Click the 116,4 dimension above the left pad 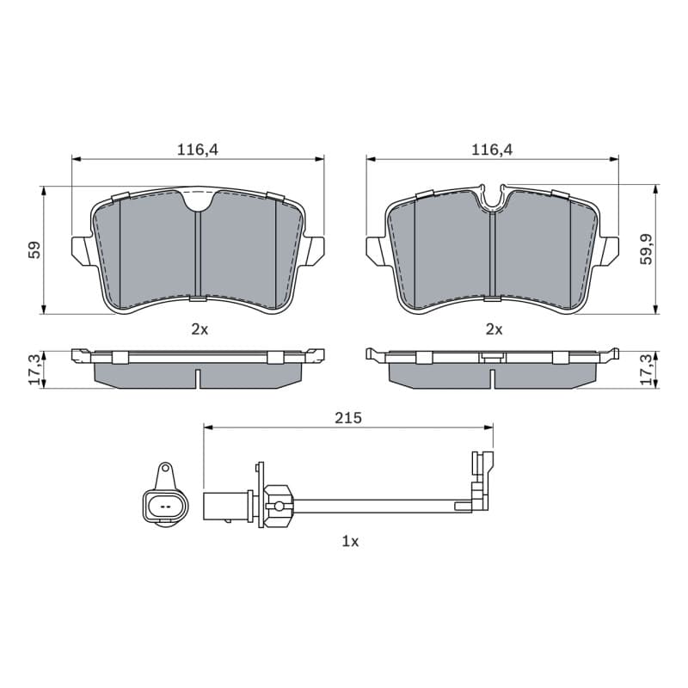[198, 150]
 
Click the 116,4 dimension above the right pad [492, 150]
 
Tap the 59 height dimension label [34, 249]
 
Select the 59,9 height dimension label [647, 249]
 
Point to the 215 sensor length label [348, 418]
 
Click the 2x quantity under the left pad [200, 329]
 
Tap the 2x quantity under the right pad [494, 329]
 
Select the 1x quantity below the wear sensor [350, 542]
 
